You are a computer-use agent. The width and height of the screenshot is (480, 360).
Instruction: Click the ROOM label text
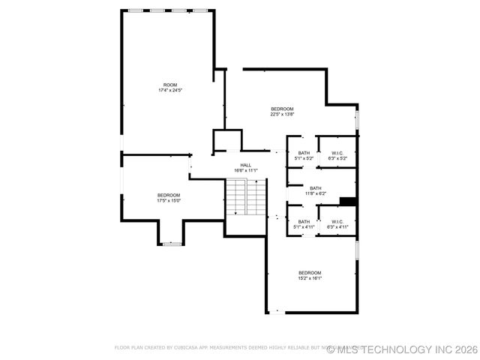coord(170,85)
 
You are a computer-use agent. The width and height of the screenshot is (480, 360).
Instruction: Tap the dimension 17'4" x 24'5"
coord(170,91)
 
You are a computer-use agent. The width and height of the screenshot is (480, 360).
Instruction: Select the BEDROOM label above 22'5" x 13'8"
coord(282,109)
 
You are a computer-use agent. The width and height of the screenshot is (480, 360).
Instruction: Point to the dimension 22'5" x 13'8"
coord(282,115)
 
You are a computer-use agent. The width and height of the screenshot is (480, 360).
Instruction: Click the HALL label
coord(246,165)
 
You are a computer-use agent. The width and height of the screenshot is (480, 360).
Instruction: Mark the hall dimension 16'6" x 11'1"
coord(246,171)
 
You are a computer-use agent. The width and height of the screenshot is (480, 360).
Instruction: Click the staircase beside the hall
coord(246,197)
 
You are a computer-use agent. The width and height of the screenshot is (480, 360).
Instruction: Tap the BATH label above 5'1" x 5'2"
coord(304,153)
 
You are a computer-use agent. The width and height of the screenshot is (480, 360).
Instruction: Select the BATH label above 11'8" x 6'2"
coord(315,188)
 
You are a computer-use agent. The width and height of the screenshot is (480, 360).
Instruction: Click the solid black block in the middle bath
coord(347,200)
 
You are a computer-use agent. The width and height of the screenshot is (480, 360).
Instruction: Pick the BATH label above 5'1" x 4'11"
coord(304,221)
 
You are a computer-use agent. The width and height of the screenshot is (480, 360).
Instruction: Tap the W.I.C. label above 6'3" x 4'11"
coord(337,221)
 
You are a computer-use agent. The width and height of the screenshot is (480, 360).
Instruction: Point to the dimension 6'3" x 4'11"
coord(337,227)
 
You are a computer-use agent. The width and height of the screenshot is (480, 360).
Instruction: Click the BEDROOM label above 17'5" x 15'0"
coord(168,195)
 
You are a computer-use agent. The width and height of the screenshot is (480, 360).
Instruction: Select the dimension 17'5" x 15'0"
coord(168,201)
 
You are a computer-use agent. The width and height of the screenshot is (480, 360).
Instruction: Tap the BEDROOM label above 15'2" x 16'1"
coord(310,272)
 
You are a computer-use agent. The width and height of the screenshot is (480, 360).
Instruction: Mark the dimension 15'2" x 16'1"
coord(310,278)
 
